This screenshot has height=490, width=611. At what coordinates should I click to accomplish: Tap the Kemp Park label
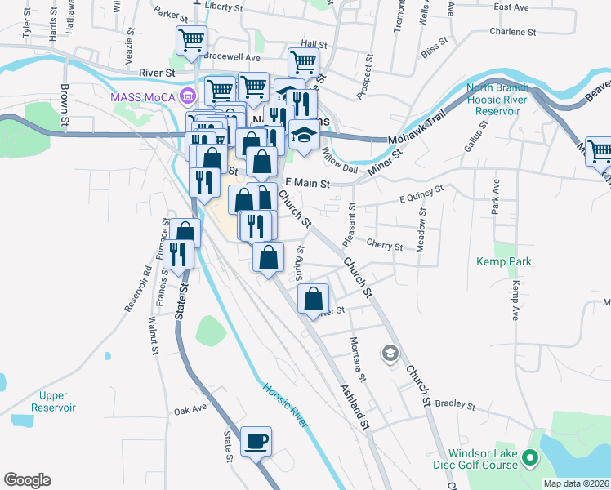click(x=504, y=261)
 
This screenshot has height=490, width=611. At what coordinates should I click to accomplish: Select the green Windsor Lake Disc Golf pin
click(x=530, y=460)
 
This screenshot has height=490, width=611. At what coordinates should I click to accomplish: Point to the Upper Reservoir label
click(x=54, y=401)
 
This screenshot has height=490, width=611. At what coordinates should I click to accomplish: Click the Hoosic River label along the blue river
click(x=285, y=405)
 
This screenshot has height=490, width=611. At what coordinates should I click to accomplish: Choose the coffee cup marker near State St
click(x=256, y=442)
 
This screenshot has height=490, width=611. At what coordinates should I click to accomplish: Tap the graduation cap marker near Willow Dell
click(x=303, y=136)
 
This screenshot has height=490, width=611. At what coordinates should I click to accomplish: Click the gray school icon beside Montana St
click(x=390, y=354)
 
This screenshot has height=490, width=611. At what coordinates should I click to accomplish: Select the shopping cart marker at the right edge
click(x=600, y=150)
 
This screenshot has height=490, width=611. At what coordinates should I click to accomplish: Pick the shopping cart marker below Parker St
click(x=191, y=39)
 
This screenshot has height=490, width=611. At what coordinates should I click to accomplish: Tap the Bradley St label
click(x=455, y=403)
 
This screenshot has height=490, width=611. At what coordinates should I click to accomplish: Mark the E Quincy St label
click(x=420, y=194)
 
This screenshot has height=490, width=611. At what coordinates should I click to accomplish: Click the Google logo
click(x=27, y=480)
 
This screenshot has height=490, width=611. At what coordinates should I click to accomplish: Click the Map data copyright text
click(x=575, y=483)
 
